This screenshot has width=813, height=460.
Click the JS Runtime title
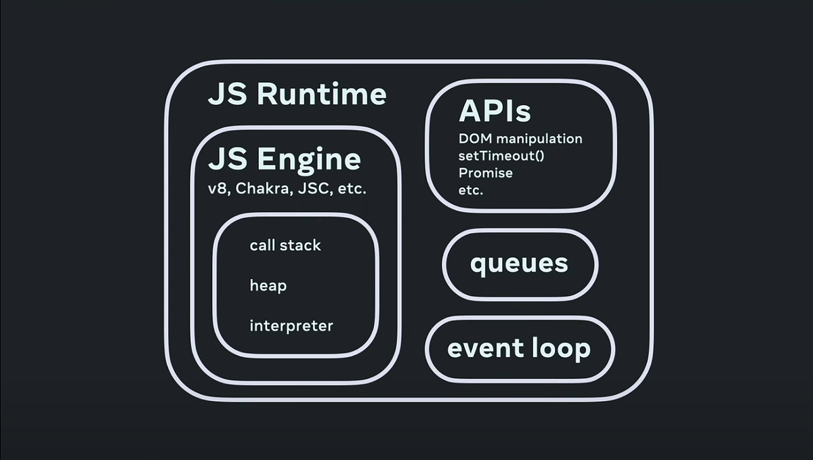coord(297,94)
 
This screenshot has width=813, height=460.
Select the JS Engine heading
coord(284,160)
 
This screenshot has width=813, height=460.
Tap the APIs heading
coord(495,111)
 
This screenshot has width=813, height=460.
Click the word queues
coord(519,263)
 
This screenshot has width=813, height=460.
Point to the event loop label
coord(519,349)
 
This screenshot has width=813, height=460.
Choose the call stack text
coord(285,245)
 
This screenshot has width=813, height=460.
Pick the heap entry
coord(268,286)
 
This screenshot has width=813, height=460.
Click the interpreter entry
coord(291,326)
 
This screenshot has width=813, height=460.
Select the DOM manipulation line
coord(520,139)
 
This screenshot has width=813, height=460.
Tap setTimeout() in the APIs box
coord(502,156)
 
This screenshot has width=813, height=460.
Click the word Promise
coord(486,173)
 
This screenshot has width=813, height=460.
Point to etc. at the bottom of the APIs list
coord(471,190)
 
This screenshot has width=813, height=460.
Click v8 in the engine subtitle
coord(218,189)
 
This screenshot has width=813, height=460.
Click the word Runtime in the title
coord(322,94)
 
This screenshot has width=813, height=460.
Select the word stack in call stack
coord(302,245)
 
